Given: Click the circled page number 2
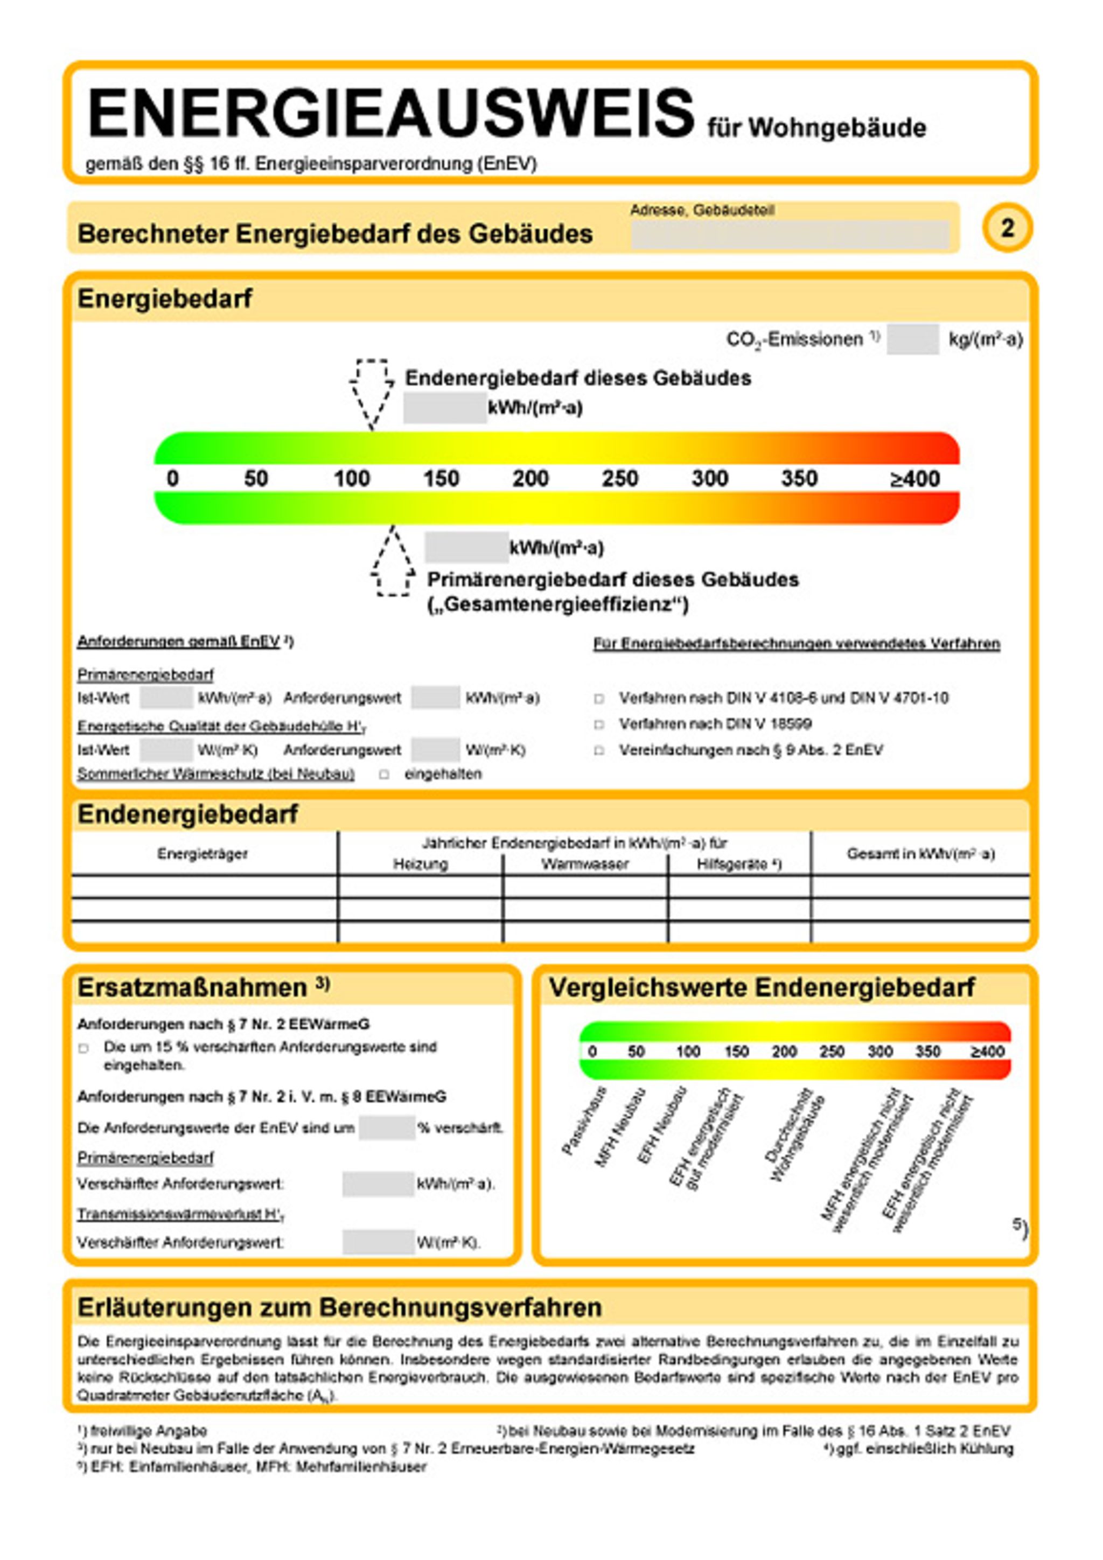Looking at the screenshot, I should [1007, 228].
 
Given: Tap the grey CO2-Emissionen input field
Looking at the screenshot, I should [912, 339].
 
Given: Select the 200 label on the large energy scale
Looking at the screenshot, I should [530, 478].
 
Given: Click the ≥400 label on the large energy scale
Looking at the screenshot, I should [914, 478].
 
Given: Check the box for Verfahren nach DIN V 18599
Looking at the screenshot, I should [599, 725].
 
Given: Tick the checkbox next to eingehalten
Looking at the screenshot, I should [385, 775].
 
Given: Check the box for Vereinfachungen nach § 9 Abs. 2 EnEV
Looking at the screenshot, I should [599, 751].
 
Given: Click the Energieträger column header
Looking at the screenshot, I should [203, 853].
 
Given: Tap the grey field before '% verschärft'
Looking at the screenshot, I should [387, 1128].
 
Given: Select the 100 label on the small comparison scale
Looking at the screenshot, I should [687, 1052].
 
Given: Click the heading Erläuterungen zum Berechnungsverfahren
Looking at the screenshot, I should [340, 1307].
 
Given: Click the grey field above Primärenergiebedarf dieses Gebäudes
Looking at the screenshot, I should [466, 548].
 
